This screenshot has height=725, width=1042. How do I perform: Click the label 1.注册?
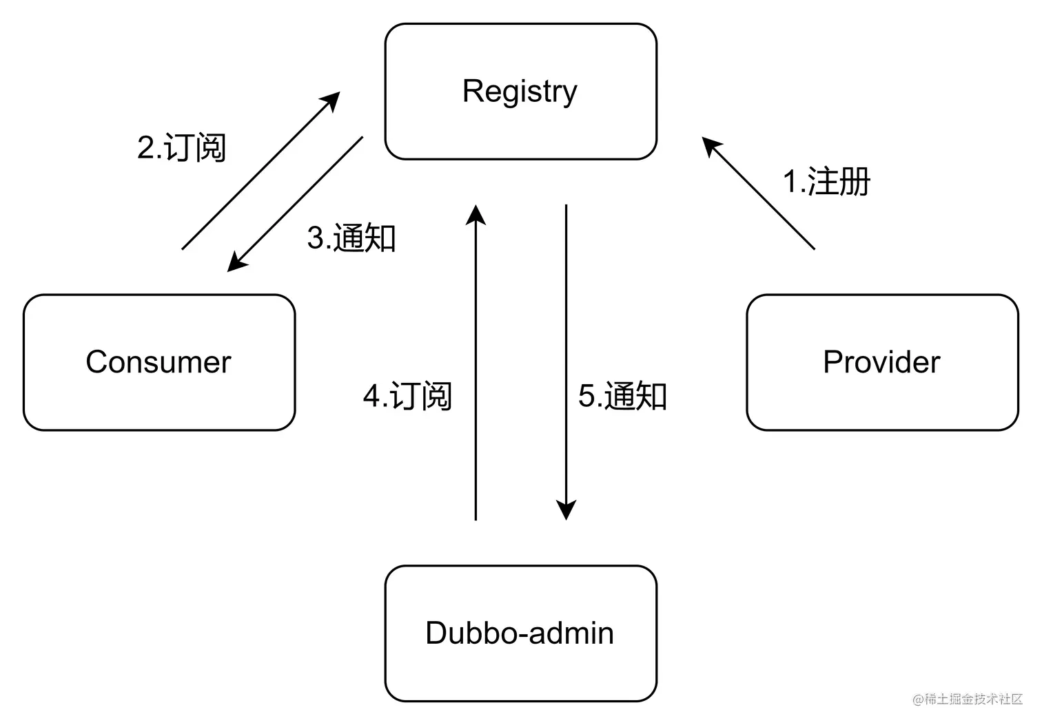(826, 182)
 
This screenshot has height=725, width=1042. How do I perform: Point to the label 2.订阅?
(181, 147)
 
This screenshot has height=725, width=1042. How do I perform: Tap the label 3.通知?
(351, 238)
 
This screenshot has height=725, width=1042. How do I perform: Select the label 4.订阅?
(407, 396)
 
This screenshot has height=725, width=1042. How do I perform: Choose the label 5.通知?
(622, 396)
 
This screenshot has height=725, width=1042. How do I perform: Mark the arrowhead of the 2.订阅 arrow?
(333, 99)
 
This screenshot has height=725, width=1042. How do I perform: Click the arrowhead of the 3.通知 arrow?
(236, 263)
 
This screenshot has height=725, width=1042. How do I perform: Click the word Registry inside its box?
(520, 91)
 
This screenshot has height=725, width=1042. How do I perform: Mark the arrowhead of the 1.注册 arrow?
(711, 145)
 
